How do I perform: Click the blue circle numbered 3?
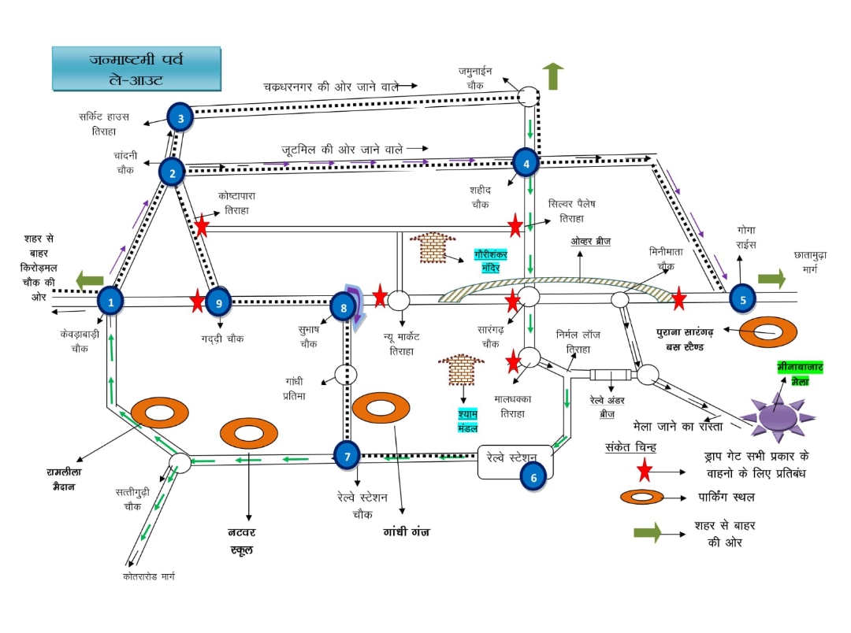180,118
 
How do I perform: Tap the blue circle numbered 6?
533,476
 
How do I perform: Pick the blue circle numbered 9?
220,301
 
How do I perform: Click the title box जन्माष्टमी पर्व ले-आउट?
136,68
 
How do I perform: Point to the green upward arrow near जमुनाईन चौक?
553,76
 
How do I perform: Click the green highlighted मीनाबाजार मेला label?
801,374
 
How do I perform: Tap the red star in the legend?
645,471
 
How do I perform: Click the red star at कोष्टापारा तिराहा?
202,227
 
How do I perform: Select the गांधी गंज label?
406,532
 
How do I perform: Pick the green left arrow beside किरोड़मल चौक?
90,279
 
